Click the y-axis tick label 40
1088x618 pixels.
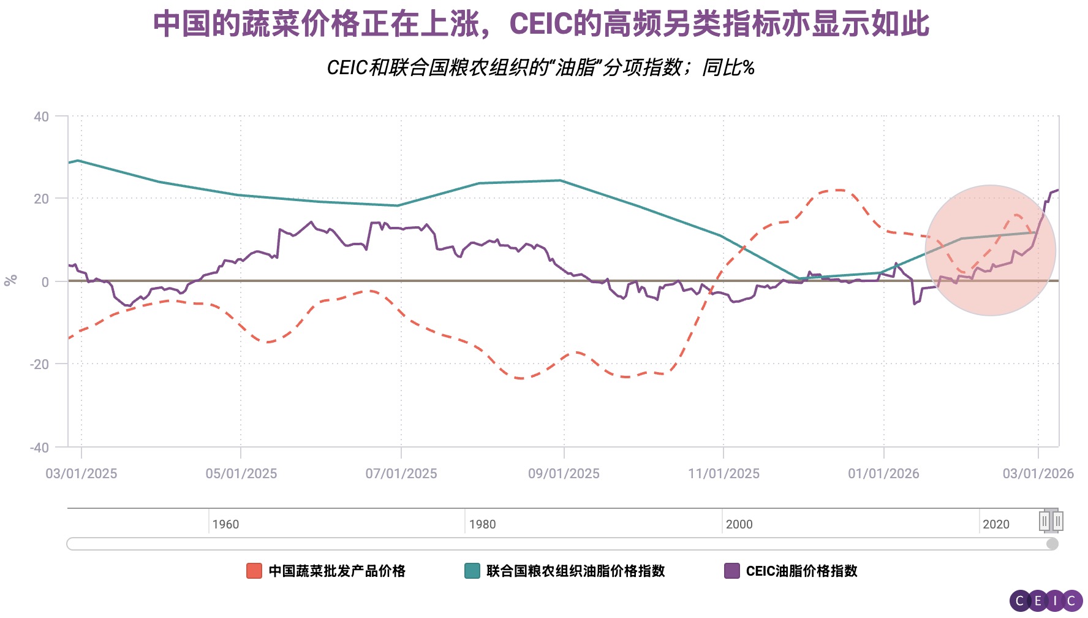41,116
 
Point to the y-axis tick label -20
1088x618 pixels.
39,364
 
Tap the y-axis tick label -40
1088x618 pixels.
39,448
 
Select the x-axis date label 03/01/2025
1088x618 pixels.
81,473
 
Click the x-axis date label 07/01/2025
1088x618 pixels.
401,473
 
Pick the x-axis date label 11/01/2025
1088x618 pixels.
723,473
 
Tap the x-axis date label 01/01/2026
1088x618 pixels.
883,473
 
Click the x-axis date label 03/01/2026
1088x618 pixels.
1038,473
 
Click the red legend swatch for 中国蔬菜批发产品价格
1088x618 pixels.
254,571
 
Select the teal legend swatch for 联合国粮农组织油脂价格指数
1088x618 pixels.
472,571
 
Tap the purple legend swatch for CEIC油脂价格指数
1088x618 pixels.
731,571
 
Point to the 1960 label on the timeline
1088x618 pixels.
225,524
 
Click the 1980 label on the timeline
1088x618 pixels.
482,524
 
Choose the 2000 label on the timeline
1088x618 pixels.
739,524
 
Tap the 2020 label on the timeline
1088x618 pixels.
995,524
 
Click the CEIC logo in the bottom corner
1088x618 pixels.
1046,601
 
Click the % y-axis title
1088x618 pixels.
10,280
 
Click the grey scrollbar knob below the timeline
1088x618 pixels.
1052,544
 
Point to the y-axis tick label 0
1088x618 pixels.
45,282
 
